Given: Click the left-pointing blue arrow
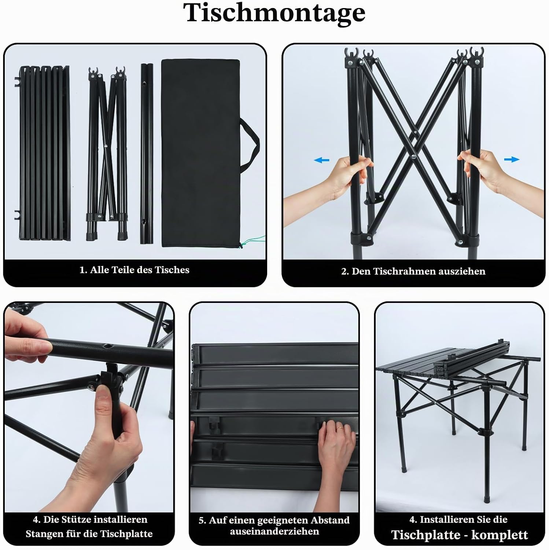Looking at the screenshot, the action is tap(321, 160).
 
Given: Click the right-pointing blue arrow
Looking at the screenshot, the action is tap(512, 159).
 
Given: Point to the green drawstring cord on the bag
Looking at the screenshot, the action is tap(253, 241).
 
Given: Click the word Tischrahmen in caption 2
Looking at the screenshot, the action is tap(399, 271).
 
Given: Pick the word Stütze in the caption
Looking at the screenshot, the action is tap(76, 520).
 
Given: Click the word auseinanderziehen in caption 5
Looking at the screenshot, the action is tap(274, 531).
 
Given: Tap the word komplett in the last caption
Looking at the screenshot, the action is tap(500, 535).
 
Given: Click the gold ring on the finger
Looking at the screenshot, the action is tap(340, 428).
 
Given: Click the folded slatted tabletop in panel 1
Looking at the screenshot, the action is tap(44, 153).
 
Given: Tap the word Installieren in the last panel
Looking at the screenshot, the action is tap(445, 520).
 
